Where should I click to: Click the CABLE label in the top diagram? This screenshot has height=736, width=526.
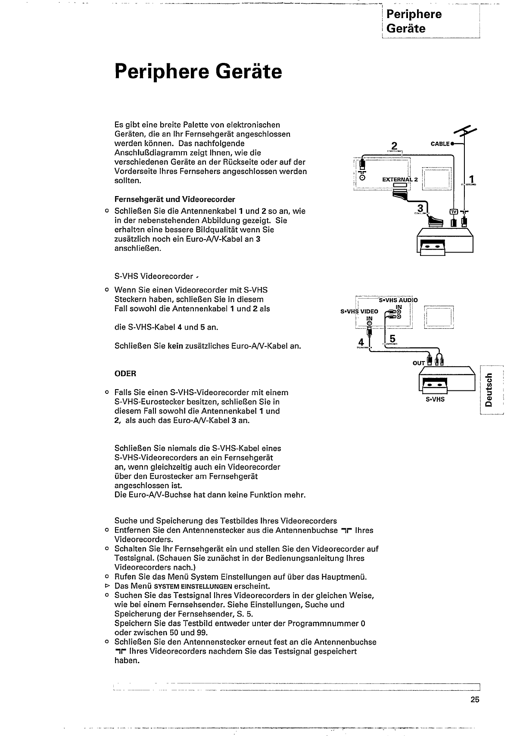(440, 143)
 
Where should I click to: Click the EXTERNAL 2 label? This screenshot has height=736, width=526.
(400, 179)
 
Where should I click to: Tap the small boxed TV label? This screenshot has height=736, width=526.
(454, 212)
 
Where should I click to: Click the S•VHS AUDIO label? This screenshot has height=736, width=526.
(398, 300)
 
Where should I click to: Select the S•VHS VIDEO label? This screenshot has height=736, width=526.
(359, 311)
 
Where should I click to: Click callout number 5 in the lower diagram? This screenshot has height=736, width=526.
(392, 338)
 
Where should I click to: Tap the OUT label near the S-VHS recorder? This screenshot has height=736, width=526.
(419, 363)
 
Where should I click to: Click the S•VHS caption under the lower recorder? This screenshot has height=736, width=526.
(435, 399)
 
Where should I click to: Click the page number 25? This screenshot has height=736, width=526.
(474, 700)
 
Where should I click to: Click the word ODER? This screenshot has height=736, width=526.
(125, 374)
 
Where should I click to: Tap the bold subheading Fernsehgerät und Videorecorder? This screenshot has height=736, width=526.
(174, 200)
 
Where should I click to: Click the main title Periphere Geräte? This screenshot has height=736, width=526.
(198, 72)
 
